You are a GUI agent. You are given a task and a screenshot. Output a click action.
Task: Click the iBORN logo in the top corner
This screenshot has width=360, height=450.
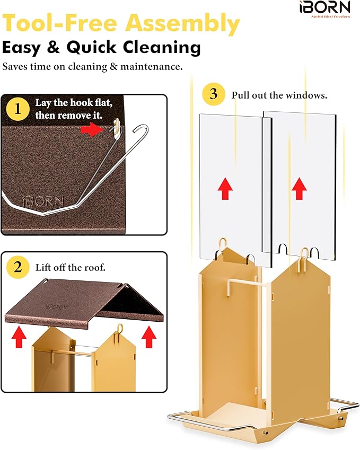325,8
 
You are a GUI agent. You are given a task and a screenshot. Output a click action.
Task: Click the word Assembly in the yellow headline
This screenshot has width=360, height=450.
182,23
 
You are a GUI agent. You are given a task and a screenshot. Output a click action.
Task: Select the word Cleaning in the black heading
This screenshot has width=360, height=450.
162,47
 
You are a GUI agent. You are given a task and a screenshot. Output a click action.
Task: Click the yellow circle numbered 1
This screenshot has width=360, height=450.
18,109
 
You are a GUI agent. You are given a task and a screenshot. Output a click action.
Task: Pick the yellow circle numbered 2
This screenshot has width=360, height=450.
18,268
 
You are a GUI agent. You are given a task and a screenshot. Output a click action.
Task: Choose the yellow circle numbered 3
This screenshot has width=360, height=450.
213,94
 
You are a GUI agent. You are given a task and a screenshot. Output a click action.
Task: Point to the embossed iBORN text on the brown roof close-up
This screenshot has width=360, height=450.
43,201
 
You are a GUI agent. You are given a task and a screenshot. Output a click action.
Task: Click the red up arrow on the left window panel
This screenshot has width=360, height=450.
225,189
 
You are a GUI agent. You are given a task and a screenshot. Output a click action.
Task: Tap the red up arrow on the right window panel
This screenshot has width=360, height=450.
299,189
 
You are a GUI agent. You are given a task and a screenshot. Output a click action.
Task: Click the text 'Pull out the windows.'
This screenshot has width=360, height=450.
279,95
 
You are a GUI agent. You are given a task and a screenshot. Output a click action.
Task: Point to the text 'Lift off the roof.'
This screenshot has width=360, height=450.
71,268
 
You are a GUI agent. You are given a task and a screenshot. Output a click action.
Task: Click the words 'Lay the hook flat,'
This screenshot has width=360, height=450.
74,103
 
